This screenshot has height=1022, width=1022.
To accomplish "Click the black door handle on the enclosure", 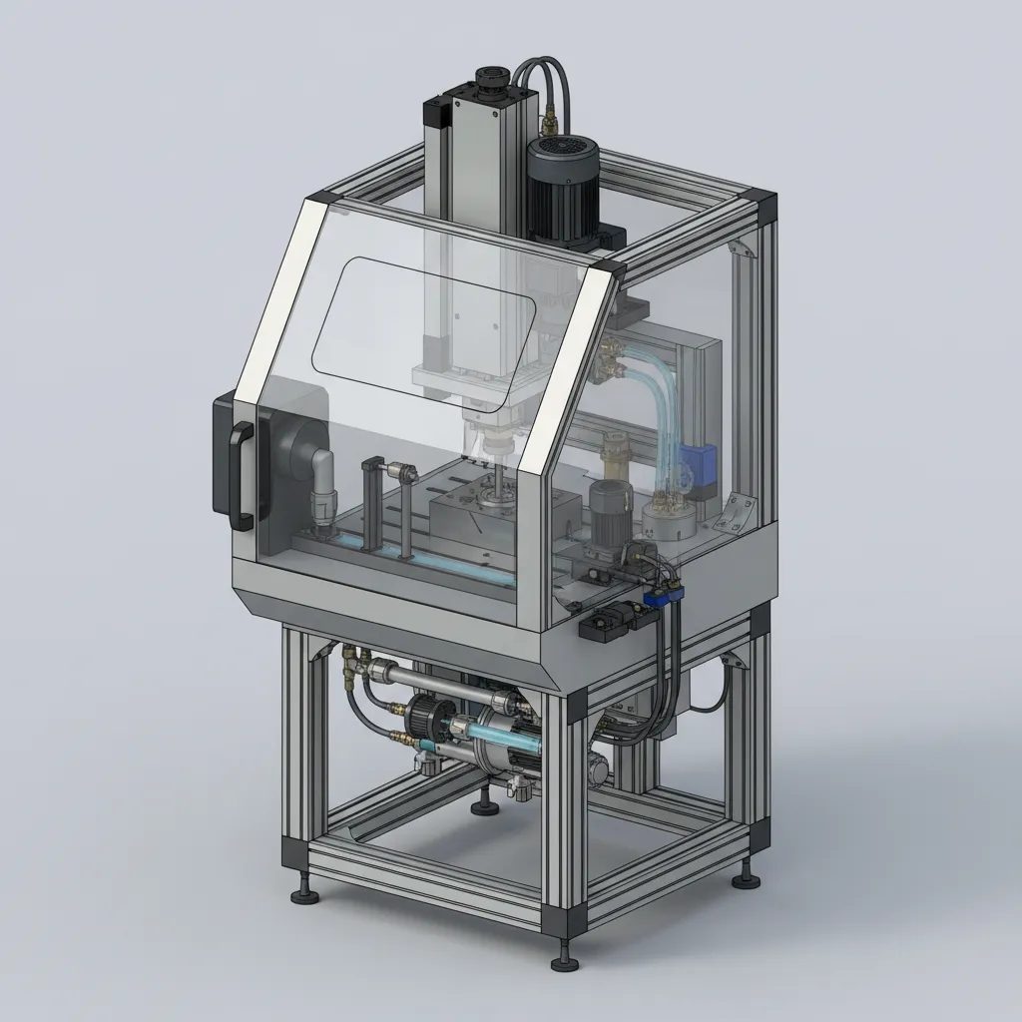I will [x=241, y=475].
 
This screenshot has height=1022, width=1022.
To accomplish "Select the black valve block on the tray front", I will [x=609, y=622].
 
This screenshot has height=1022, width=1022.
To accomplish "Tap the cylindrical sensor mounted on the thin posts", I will [x=400, y=469].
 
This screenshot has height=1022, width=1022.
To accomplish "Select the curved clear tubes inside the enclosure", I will [x=655, y=399].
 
